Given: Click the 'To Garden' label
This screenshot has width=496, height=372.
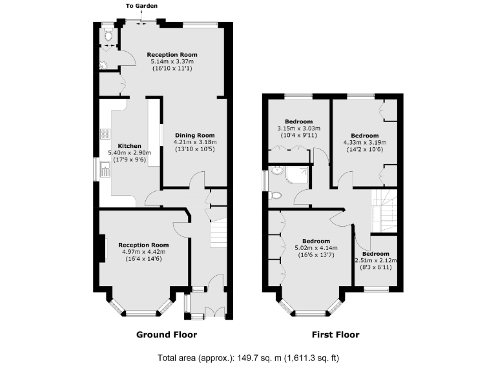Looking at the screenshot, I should [x=141, y=6].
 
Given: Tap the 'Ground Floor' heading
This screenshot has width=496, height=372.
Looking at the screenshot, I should [x=167, y=335].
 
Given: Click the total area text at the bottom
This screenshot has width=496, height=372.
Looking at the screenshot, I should [x=249, y=358].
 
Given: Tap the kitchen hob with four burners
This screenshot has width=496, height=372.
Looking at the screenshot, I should [x=105, y=135].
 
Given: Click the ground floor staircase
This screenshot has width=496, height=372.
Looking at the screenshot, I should [x=220, y=232].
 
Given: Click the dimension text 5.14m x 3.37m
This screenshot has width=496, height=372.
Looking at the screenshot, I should [x=172, y=61].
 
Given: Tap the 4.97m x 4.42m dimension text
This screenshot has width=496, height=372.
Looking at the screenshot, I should [x=143, y=252].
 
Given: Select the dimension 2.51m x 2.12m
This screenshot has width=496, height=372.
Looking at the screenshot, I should [x=376, y=261].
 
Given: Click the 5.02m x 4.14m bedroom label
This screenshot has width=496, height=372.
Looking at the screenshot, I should [x=316, y=247].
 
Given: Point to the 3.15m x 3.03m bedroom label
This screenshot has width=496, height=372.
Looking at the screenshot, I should [x=298, y=129].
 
